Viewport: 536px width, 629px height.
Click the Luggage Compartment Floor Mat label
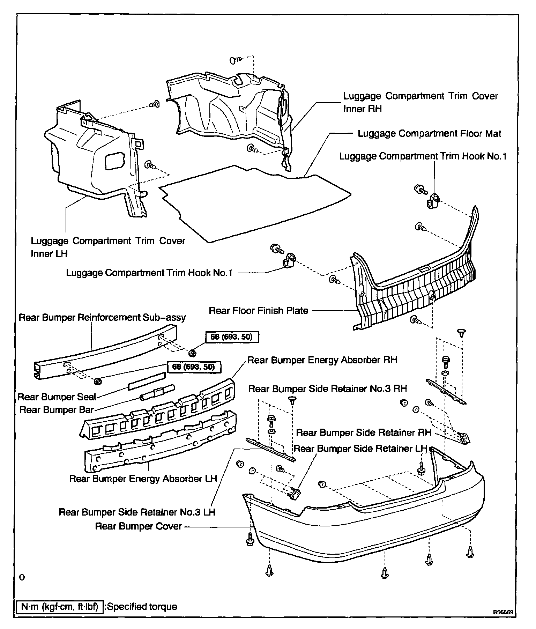coord(429,134)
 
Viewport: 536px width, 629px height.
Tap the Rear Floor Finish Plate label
coord(258,311)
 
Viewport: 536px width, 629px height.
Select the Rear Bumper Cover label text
coord(139,526)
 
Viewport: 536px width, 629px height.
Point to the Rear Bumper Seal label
coord(57,397)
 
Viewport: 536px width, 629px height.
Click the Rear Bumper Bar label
coord(57,409)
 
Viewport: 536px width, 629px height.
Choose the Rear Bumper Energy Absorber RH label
coord(322,360)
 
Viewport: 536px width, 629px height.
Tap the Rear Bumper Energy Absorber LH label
coord(143,478)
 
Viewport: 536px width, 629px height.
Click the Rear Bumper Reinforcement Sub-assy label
coord(102,318)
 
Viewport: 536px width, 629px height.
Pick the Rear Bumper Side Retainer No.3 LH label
coord(137,512)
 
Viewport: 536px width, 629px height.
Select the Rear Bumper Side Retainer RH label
coord(364,433)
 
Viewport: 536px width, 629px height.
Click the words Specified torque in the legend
coord(142,607)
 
